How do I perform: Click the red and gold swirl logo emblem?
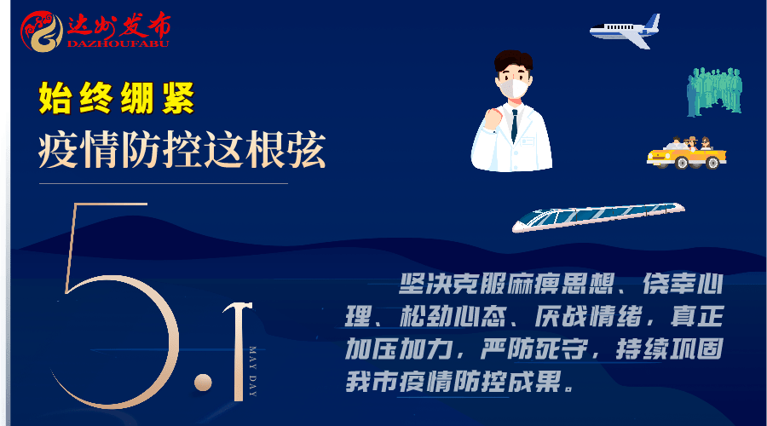[42, 32]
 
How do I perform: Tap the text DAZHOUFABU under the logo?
[118, 43]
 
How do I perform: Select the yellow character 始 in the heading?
[55, 98]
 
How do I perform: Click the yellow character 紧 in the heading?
[178, 98]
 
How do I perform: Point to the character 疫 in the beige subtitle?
[58, 150]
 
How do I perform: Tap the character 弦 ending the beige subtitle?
[306, 150]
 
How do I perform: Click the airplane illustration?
[626, 32]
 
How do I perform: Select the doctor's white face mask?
[514, 89]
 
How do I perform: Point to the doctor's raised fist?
[493, 118]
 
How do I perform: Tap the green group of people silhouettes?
[715, 92]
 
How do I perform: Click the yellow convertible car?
[687, 153]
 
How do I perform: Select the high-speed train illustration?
[598, 216]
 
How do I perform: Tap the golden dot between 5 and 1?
[203, 383]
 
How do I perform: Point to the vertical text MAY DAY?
[253, 371]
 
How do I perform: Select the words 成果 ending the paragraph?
[533, 382]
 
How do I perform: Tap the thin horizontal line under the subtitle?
[164, 184]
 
